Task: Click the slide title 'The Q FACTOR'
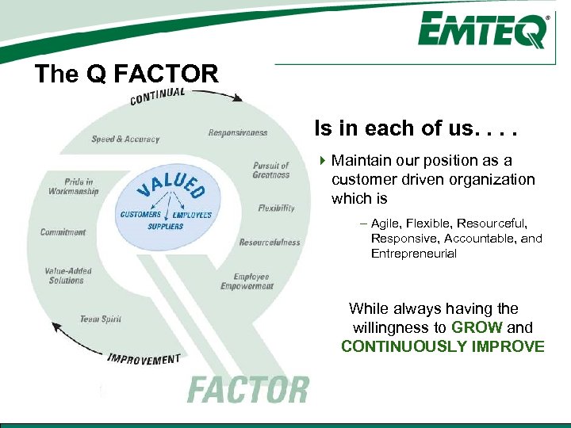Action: tap(126, 75)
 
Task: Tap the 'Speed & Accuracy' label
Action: tap(125, 139)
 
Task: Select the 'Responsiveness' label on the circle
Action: tap(238, 133)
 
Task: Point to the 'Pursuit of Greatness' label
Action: tap(271, 170)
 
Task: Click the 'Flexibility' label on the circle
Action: tap(276, 208)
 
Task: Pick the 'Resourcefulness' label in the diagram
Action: tap(270, 242)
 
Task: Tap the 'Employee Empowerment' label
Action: tap(247, 281)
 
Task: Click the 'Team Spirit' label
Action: tap(100, 319)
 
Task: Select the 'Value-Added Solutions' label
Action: tap(68, 275)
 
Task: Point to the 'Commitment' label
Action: tap(63, 232)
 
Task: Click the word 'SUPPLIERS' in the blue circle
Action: tap(166, 226)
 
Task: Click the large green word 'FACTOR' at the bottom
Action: tap(247, 390)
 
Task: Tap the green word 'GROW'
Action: tap(477, 327)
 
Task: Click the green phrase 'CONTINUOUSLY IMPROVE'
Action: tap(443, 346)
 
